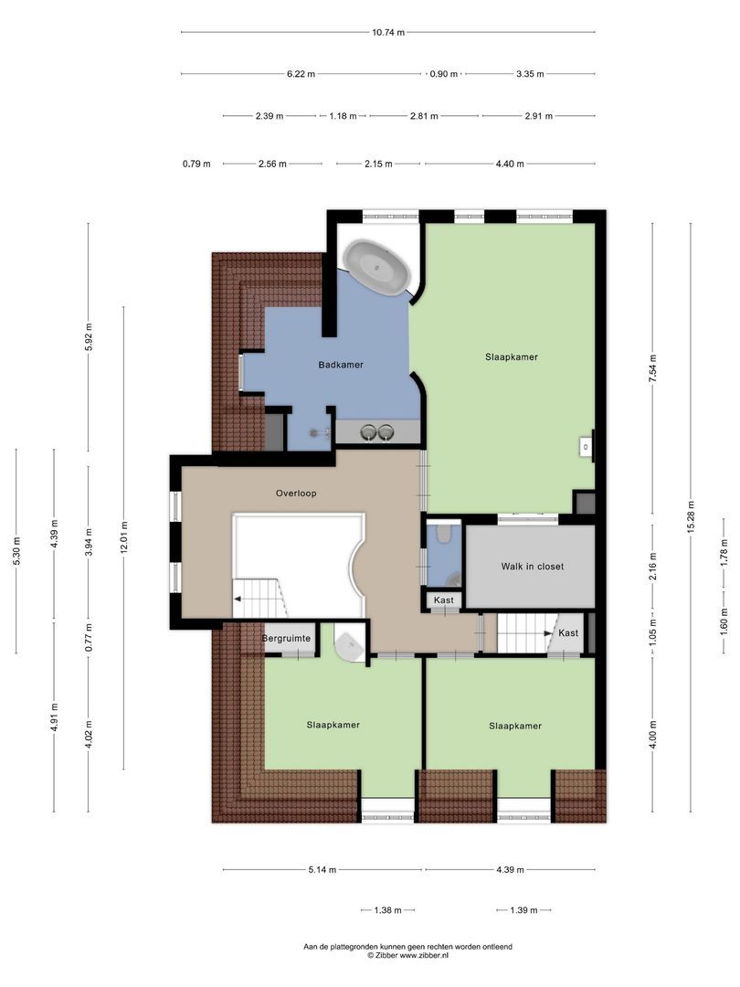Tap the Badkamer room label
[x=341, y=365]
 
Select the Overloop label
[x=295, y=493]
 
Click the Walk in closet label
[x=532, y=567]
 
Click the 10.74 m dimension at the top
[x=388, y=32]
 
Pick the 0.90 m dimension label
[x=443, y=74]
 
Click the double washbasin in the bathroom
[x=378, y=432]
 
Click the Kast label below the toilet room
[x=444, y=600]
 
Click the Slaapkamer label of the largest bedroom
[x=511, y=357]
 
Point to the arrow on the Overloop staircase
[x=239, y=600]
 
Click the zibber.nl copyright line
[x=407, y=956]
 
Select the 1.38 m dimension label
[x=388, y=910]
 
